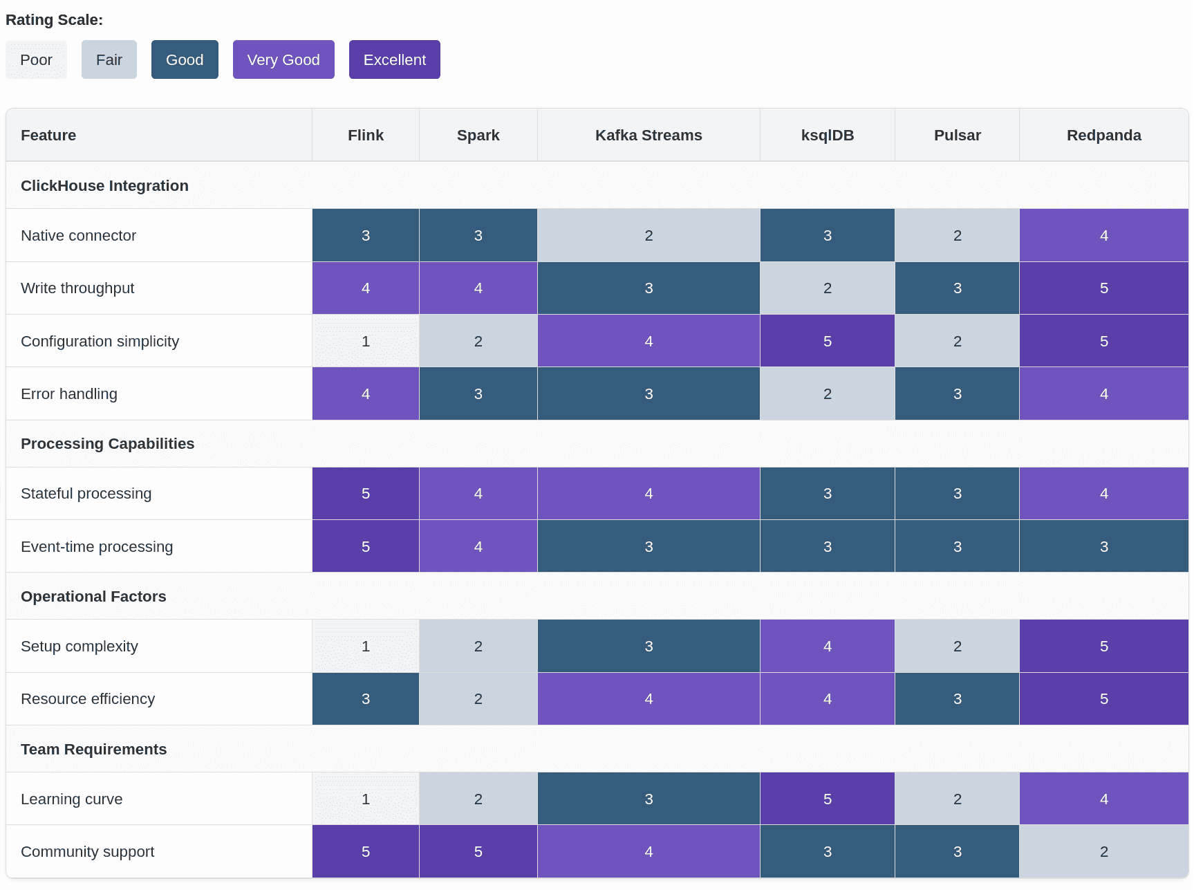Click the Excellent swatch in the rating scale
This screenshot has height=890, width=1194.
(x=394, y=59)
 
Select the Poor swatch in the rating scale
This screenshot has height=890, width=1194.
(x=36, y=59)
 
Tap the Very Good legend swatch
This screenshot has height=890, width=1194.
(x=283, y=59)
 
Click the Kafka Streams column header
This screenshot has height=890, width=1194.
(x=649, y=135)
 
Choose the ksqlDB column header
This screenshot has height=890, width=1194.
(x=828, y=135)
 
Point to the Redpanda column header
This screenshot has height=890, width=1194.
(x=1104, y=135)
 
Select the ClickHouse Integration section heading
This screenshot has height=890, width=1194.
(x=104, y=185)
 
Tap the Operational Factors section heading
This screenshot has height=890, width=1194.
(x=93, y=596)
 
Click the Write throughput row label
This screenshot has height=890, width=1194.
(x=77, y=288)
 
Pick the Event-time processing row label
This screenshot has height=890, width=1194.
(x=97, y=546)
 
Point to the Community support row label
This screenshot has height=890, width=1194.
(x=88, y=851)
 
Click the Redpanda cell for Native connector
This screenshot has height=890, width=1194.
(x=1104, y=235)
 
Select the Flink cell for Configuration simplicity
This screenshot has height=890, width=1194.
(x=366, y=341)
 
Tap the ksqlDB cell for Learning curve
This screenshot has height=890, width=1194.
(x=828, y=799)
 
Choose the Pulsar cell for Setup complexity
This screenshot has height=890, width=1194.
(x=958, y=646)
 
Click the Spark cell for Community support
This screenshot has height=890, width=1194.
(x=478, y=851)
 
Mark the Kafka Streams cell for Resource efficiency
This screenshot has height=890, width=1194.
(x=649, y=698)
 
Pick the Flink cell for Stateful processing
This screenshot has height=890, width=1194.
(x=366, y=493)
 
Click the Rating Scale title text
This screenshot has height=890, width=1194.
(x=54, y=19)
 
